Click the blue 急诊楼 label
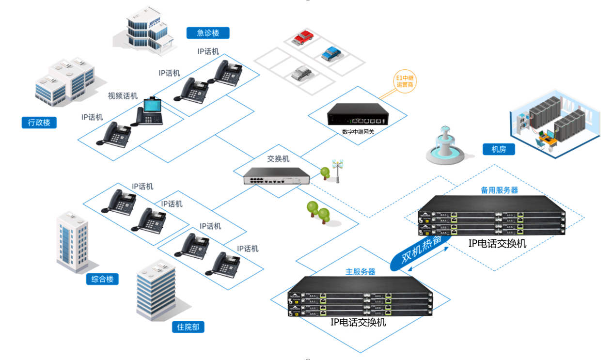tap(208, 33)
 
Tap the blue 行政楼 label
tap(39, 123)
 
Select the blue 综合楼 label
tap(103, 279)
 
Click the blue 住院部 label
tap(188, 327)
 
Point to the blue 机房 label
tap(499, 149)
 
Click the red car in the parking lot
tap(301, 37)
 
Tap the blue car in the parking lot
tap(331, 53)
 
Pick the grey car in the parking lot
tap(301, 73)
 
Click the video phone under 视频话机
tap(150, 112)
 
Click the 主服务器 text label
tap(360, 272)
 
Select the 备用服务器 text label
tap(499, 190)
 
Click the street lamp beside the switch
tap(337, 171)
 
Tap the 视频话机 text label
tap(123, 96)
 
